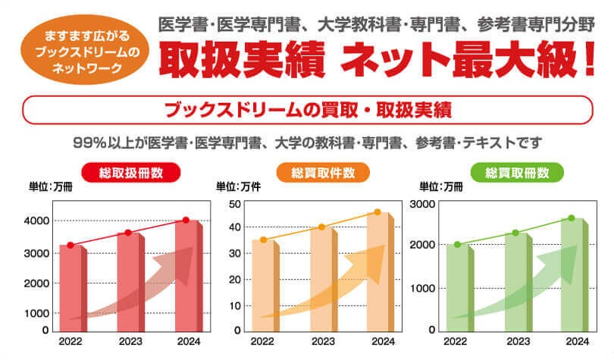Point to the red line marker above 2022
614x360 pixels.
tap(70, 245)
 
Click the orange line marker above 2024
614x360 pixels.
tap(378, 211)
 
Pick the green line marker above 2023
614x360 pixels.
tap(515, 233)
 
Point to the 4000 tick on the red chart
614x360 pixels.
tap(39, 221)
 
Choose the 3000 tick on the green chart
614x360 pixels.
tap(421, 203)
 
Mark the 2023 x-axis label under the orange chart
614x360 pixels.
tap(323, 343)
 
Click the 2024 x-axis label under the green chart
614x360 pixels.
tap(577, 343)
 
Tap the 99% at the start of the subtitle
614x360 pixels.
tap(89, 142)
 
